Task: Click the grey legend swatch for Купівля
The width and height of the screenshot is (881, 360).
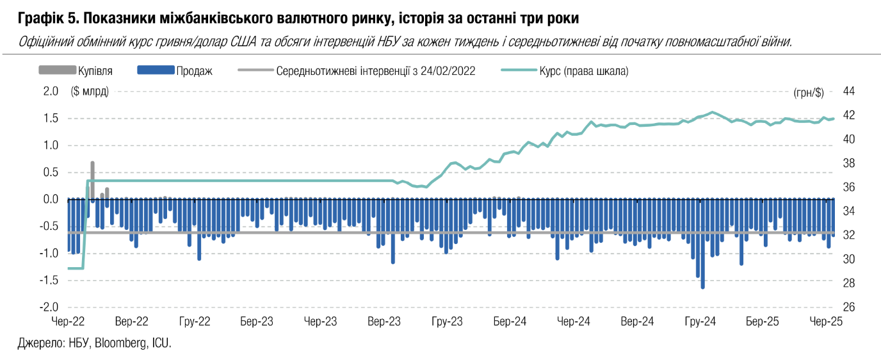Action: click(57, 70)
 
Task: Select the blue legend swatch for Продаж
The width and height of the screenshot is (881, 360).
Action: click(156, 70)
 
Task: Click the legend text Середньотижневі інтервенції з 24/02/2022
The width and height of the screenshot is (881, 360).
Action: click(376, 71)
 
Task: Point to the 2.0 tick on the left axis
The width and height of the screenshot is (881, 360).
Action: click(51, 91)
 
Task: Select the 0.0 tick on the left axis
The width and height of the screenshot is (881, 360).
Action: click(51, 199)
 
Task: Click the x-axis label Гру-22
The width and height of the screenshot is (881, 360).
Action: click(195, 321)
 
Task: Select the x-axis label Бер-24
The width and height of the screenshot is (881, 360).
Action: click(510, 321)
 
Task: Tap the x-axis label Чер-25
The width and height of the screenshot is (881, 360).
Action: click(826, 321)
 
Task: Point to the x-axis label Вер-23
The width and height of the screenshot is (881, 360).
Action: click(384, 321)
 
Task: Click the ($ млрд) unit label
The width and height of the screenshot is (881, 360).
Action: click(90, 91)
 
